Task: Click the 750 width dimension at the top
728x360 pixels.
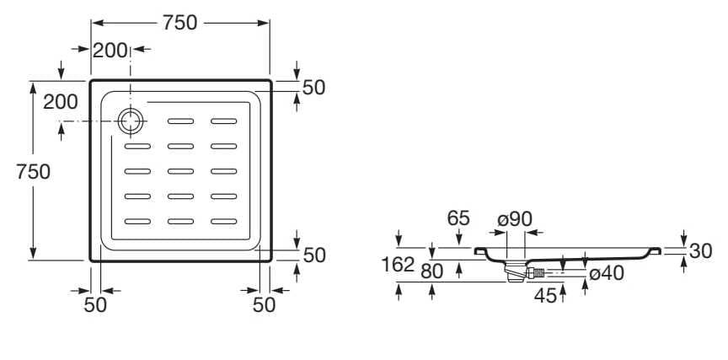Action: [x=179, y=24]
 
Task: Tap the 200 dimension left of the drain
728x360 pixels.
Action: [x=60, y=102]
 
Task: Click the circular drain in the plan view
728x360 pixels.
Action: [x=131, y=121]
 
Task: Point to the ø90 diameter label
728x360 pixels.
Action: [x=515, y=218]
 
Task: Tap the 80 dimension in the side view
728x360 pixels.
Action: [x=432, y=271]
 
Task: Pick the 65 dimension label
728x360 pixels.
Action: [x=458, y=218]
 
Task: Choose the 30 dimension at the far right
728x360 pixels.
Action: [x=702, y=251]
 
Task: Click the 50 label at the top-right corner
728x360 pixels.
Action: [x=313, y=87]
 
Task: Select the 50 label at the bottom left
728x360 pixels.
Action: [x=96, y=305]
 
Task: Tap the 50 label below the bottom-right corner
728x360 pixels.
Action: [x=265, y=305]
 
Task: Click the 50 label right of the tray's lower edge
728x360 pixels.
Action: [x=313, y=255]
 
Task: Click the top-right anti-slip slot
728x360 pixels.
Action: [x=225, y=121]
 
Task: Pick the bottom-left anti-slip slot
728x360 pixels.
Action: [x=138, y=222]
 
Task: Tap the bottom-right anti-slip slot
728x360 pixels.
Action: [x=225, y=222]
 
